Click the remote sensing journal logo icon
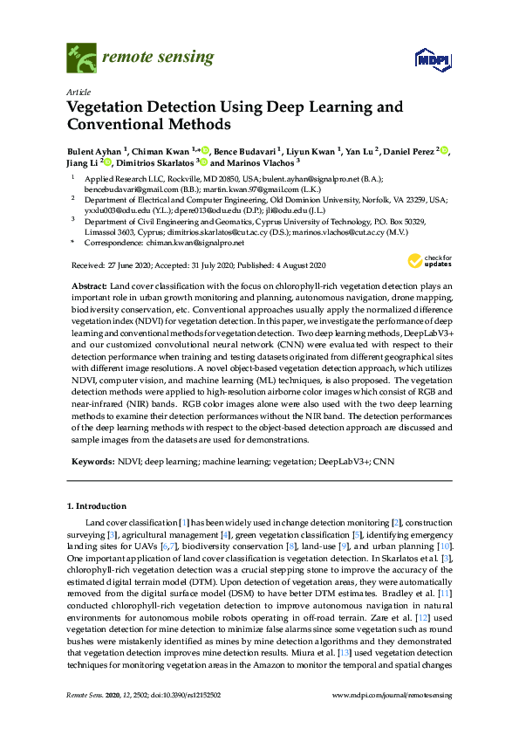click(x=81, y=58)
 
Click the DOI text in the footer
click(x=179, y=694)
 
